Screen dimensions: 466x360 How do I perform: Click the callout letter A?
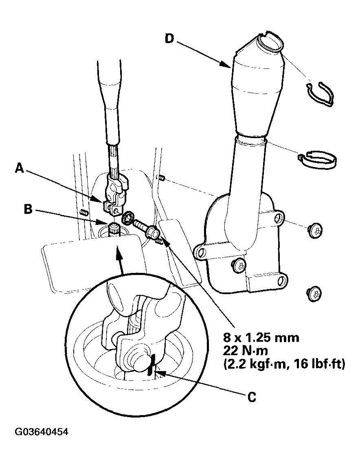[x=20, y=168]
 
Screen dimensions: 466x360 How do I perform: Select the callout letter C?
[x=252, y=396]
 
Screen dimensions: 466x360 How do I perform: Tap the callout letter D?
[x=170, y=40]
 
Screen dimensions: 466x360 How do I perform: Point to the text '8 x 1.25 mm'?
[x=261, y=338]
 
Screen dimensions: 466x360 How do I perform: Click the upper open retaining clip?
[x=320, y=94]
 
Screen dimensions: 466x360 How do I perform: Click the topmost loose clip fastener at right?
[x=315, y=230]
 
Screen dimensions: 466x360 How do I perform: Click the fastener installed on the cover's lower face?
[x=239, y=266]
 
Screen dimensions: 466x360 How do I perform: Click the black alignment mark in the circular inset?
[x=151, y=363]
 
